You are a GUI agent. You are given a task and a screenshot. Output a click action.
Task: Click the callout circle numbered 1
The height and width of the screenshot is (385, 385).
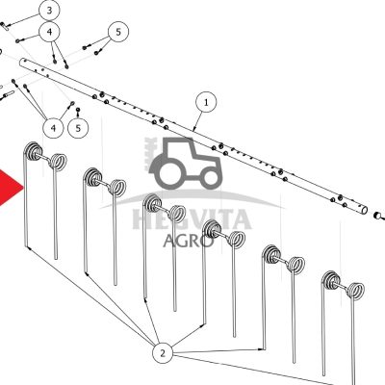tap(206, 102)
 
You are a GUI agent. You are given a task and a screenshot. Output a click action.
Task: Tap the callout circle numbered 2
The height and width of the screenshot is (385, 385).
tap(163, 353)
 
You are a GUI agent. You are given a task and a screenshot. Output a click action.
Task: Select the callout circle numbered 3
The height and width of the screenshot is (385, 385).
tap(49, 11)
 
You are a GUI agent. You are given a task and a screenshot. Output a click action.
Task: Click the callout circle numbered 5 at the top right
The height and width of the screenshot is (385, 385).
tap(118, 32)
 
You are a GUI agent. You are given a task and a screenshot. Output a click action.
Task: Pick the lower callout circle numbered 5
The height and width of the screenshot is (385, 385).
tap(78, 128)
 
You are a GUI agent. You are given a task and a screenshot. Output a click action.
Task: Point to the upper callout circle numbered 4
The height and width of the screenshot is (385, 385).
tap(49, 32)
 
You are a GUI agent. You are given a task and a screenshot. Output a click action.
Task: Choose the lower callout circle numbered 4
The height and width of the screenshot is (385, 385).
tap(53, 128)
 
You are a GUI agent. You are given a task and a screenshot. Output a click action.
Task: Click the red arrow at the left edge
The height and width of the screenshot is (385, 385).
tap(10, 188)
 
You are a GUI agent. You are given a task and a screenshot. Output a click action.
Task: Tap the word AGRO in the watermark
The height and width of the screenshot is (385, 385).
tap(188, 240)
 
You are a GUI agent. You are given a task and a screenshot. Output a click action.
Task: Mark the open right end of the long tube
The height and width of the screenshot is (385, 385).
tap(365, 210)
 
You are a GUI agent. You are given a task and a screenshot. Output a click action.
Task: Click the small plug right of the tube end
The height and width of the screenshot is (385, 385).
tap(378, 215)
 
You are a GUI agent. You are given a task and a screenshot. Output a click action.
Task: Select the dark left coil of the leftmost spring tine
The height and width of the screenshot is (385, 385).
tap(34, 151)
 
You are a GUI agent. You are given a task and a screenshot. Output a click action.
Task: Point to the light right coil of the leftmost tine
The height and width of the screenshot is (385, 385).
tap(59, 161)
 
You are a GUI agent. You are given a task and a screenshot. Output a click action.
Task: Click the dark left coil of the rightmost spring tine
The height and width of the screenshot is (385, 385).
tap(330, 280)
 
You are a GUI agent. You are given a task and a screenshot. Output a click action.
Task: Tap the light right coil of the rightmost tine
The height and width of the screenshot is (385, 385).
tap(355, 291)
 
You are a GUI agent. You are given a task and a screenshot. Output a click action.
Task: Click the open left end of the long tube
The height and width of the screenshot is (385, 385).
tap(22, 62)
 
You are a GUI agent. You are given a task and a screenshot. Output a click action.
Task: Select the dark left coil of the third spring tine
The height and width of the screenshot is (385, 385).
tap(152, 203)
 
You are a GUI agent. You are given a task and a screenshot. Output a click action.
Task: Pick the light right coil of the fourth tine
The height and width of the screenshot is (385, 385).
tap(237, 239)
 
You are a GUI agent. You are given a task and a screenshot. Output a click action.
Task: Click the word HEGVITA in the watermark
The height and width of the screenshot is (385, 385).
tap(192, 219)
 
